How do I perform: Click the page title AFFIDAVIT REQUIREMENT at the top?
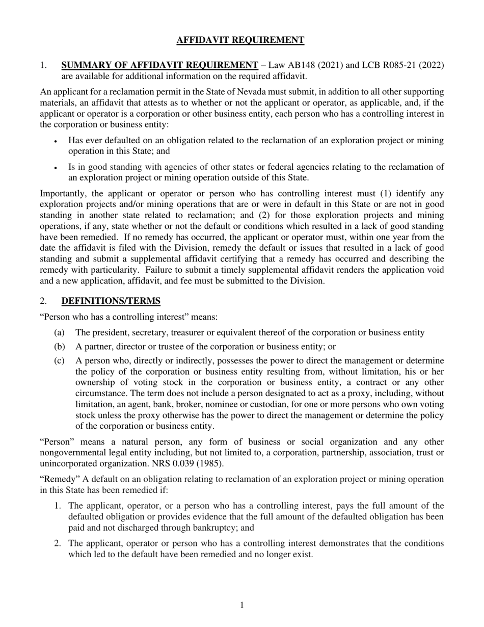click(240, 40)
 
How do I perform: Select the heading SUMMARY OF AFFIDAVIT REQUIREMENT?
click(159, 65)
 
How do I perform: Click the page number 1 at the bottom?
click(242, 605)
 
